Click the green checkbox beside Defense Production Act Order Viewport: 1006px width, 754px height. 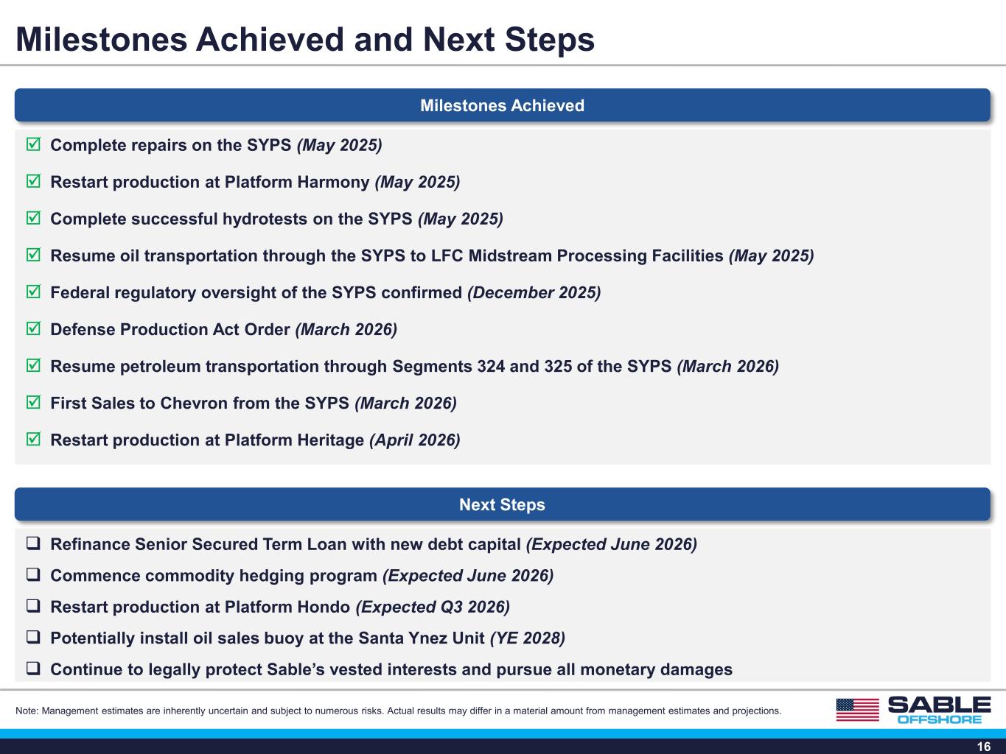pos(33,328)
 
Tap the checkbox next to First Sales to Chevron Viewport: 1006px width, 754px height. pos(33,402)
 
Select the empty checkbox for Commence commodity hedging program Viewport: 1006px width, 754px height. pos(33,574)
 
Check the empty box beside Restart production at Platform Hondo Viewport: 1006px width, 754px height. pos(33,606)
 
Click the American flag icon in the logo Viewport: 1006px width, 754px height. pos(858,710)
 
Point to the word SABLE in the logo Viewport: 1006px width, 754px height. pos(939,705)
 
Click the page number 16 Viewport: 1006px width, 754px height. pos(984,746)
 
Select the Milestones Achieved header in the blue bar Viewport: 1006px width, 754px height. pos(503,105)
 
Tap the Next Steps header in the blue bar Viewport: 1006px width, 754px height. pos(503,504)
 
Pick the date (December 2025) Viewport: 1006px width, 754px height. pos(534,292)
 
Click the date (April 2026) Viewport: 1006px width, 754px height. pos(415,440)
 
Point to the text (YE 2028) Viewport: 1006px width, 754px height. pos(528,638)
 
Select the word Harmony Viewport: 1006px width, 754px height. pos(333,182)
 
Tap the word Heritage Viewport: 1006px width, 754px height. pos(330,440)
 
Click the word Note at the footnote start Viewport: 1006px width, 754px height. pos(26,711)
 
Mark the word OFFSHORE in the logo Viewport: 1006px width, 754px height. pos(940,719)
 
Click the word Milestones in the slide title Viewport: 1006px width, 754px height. pos(101,39)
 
